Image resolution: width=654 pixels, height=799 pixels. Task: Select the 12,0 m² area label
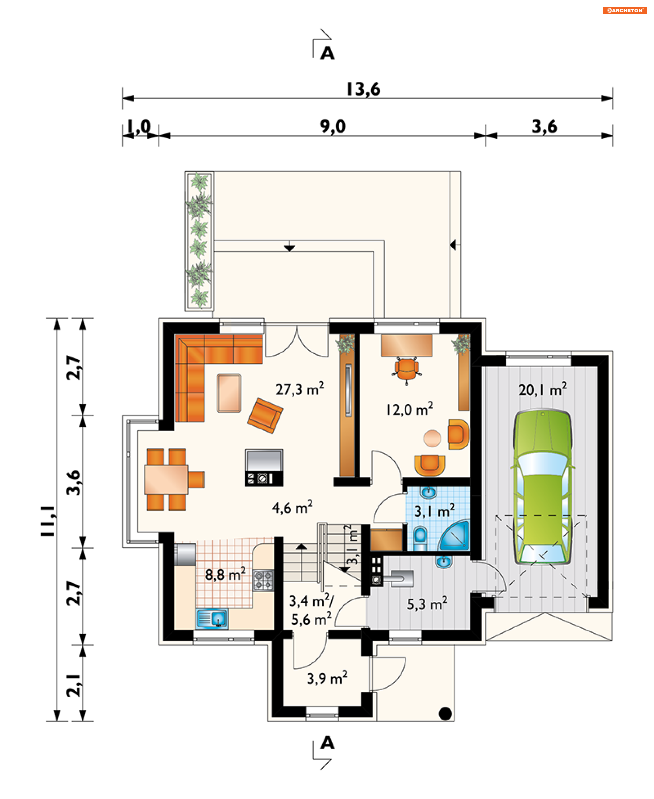(410, 409)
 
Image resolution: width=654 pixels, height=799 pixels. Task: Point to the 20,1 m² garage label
(543, 389)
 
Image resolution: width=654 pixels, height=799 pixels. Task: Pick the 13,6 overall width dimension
(363, 89)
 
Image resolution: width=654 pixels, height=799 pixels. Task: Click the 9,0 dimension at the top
(333, 126)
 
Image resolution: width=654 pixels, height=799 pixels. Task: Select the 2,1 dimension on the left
(74, 685)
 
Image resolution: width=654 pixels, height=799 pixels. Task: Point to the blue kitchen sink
(213, 618)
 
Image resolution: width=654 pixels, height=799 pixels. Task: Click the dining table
(166, 479)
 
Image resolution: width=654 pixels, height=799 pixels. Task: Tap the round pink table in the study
(432, 438)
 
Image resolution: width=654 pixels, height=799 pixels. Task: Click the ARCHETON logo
(625, 10)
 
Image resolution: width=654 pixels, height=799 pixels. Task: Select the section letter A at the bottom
(327, 743)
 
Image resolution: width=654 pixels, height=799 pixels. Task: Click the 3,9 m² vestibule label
(327, 678)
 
